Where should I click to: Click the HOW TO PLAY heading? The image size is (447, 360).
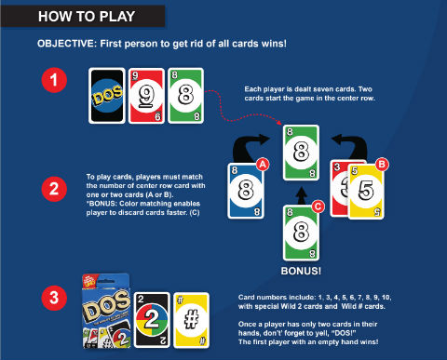click(87, 17)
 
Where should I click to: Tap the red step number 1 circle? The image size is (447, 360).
click(54, 80)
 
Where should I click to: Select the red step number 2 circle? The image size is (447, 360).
click(54, 189)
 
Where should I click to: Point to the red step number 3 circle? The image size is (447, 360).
click(54, 298)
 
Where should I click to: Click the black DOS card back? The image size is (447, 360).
click(107, 96)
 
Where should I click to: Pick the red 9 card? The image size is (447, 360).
click(146, 96)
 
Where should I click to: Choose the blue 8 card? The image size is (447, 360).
click(246, 191)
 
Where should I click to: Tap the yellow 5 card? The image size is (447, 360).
click(366, 192)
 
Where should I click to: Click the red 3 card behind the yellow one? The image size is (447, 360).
click(339, 189)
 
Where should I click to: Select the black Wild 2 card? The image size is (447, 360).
click(152, 320)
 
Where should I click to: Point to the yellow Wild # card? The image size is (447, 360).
click(191, 320)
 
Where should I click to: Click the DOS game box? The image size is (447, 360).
click(106, 311)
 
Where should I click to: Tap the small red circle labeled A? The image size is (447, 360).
click(263, 165)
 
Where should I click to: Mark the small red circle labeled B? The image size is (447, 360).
click(382, 165)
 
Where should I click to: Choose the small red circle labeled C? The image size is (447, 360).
click(318, 207)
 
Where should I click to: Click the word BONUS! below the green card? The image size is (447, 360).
click(301, 271)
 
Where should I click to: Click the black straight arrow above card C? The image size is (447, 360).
click(301, 195)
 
